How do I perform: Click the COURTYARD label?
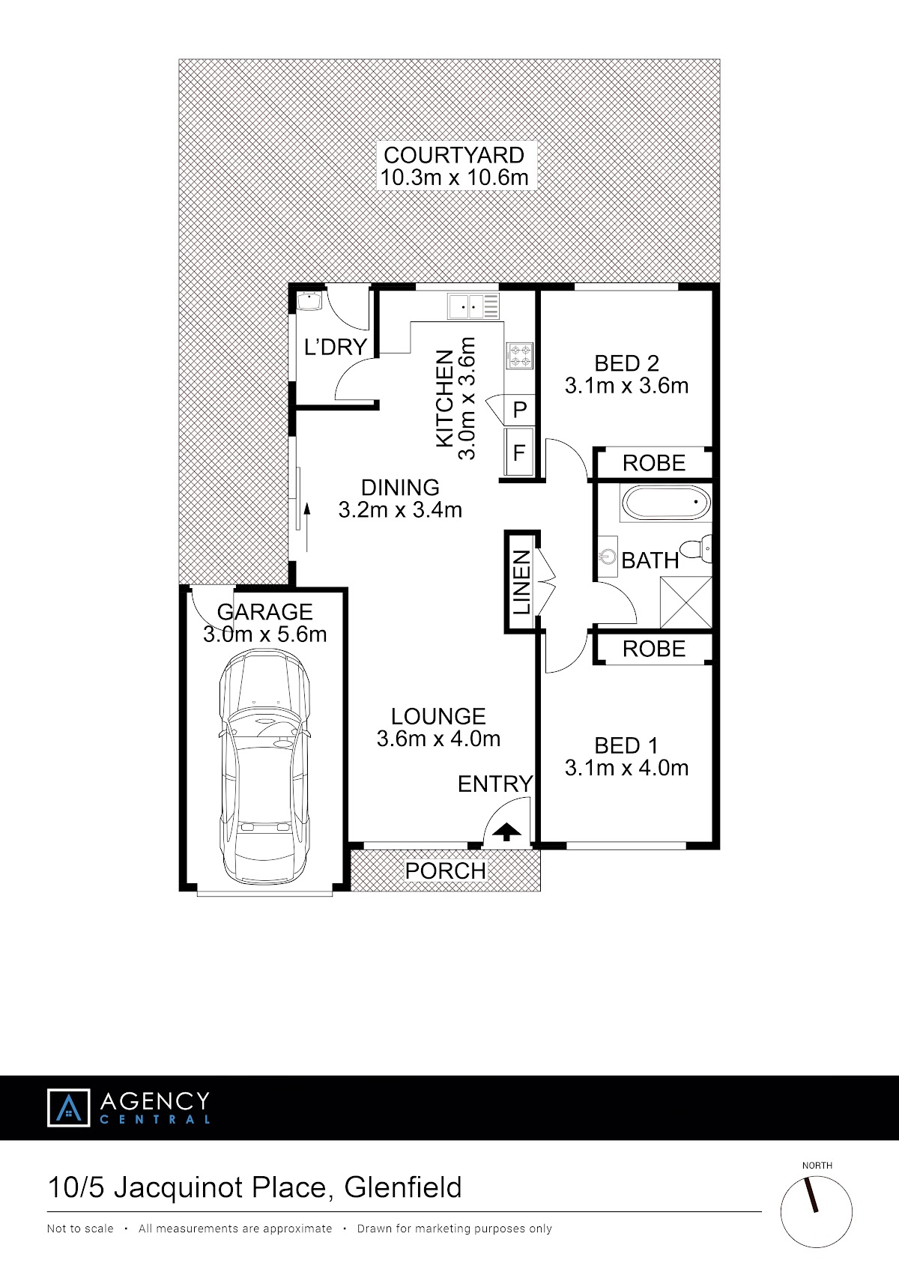454,155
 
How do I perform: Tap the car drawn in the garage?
264,769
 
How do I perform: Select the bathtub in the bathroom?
666,503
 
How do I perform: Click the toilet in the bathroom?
696,548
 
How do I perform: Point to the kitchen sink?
473,306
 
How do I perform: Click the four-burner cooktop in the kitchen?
520,356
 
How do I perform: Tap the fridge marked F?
519,452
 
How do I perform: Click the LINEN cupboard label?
521,582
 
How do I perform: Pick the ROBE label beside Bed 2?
654,463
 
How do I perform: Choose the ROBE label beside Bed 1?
654,649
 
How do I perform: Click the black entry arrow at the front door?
506,832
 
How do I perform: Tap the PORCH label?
445,870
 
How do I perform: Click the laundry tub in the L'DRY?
309,301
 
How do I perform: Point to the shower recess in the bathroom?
686,602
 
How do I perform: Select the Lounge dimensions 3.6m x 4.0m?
438,738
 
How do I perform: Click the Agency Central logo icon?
68,1107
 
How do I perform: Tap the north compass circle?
816,1212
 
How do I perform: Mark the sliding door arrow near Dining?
307,527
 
